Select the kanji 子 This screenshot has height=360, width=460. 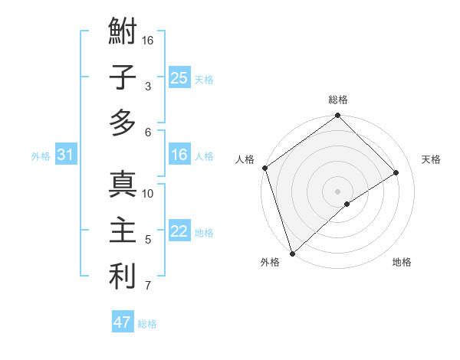123,77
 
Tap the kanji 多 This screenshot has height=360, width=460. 123,123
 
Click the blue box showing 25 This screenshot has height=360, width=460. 179,78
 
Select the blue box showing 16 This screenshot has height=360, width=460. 179,155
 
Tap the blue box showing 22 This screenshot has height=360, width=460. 179,231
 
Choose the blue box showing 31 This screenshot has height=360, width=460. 66,155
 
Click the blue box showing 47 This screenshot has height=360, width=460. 123,322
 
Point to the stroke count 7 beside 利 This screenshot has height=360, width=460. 148,286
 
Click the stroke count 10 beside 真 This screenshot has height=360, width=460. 149,194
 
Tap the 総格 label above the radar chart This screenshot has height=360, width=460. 338,100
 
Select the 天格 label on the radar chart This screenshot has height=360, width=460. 431,159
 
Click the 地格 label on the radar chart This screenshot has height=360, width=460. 402,263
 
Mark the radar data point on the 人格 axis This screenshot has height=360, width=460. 264,168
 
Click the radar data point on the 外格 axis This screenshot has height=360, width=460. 292,253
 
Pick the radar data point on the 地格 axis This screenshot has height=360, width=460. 347,204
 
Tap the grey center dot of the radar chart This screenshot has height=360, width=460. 337,190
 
